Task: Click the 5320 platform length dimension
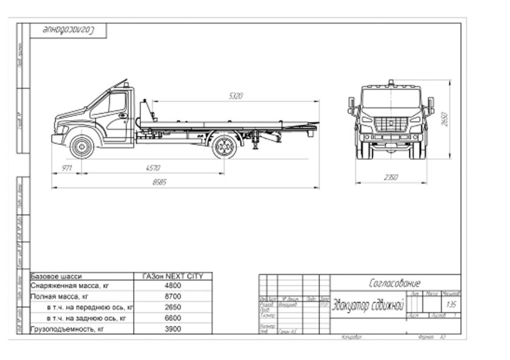click(x=236, y=96)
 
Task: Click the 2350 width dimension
click(x=390, y=177)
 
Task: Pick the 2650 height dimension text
click(x=444, y=120)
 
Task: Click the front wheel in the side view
click(x=81, y=146)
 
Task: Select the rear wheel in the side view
click(x=224, y=146)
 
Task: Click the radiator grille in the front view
click(x=390, y=124)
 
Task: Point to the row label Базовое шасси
click(x=56, y=276)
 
